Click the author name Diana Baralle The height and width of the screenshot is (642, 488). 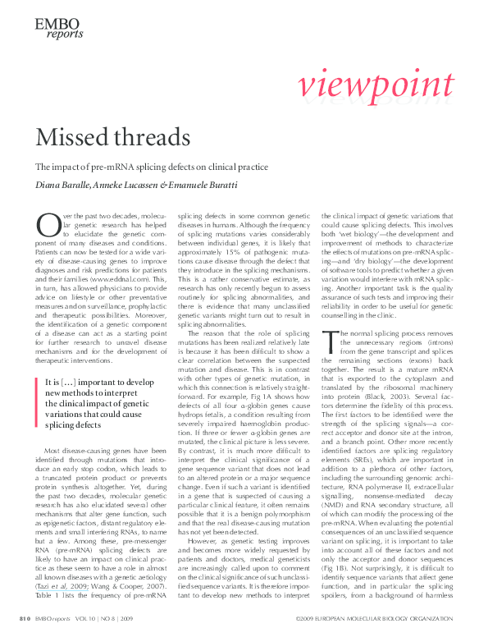point(60,185)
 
